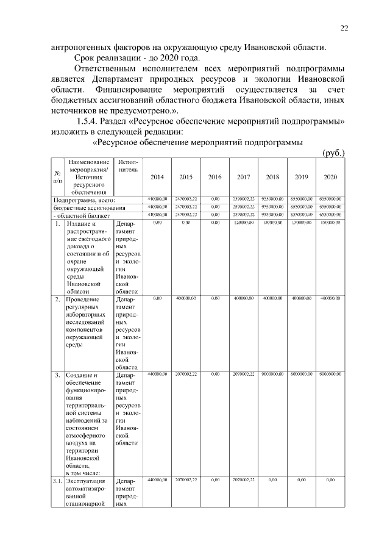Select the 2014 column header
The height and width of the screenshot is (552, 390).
coord(157,177)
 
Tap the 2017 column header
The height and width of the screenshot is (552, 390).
coord(243,177)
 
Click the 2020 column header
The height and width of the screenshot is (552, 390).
coord(330,177)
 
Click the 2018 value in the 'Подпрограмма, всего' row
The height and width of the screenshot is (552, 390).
coord(272,199)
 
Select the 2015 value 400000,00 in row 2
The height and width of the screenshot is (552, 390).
coord(186,298)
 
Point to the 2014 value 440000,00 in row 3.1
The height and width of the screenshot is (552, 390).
coord(157,480)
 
